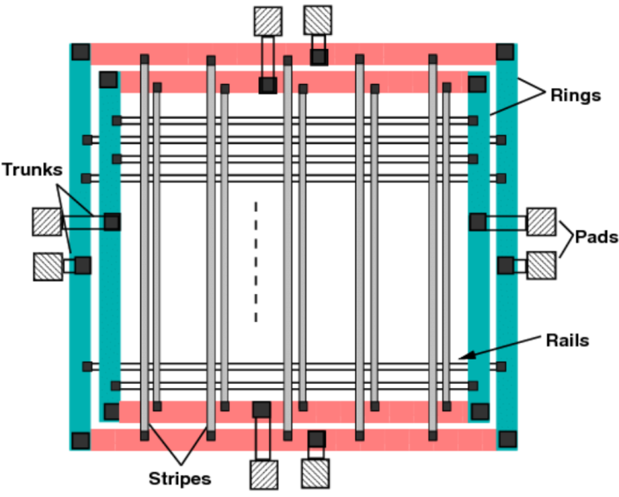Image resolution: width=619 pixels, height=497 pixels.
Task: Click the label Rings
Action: click(x=575, y=96)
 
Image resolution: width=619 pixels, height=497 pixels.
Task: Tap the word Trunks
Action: click(x=32, y=170)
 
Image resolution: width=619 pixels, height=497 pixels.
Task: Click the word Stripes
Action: click(x=179, y=479)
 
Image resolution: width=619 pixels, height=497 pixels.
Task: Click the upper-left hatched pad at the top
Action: click(x=267, y=21)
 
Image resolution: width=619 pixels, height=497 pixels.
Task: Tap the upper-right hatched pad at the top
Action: click(x=317, y=20)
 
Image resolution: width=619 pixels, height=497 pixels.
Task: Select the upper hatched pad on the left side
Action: click(x=47, y=221)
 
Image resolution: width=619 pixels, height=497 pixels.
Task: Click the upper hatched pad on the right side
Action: click(x=542, y=221)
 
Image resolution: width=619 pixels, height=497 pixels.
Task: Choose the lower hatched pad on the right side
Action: click(x=542, y=266)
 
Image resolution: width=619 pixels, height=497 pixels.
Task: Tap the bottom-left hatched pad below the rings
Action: click(x=263, y=474)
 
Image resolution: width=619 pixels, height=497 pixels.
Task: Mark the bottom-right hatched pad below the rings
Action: click(x=315, y=474)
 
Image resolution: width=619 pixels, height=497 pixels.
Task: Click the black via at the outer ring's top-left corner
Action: click(x=80, y=52)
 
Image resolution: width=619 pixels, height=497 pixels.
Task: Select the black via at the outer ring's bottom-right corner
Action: click(x=507, y=439)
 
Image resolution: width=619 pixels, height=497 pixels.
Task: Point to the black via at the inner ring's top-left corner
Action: click(x=108, y=80)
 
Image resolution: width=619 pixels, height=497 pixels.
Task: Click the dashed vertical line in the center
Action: click(x=256, y=261)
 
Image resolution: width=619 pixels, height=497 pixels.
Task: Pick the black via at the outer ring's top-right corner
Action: click(x=505, y=52)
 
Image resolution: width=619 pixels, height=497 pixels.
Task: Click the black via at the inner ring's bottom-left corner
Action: click(x=111, y=411)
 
